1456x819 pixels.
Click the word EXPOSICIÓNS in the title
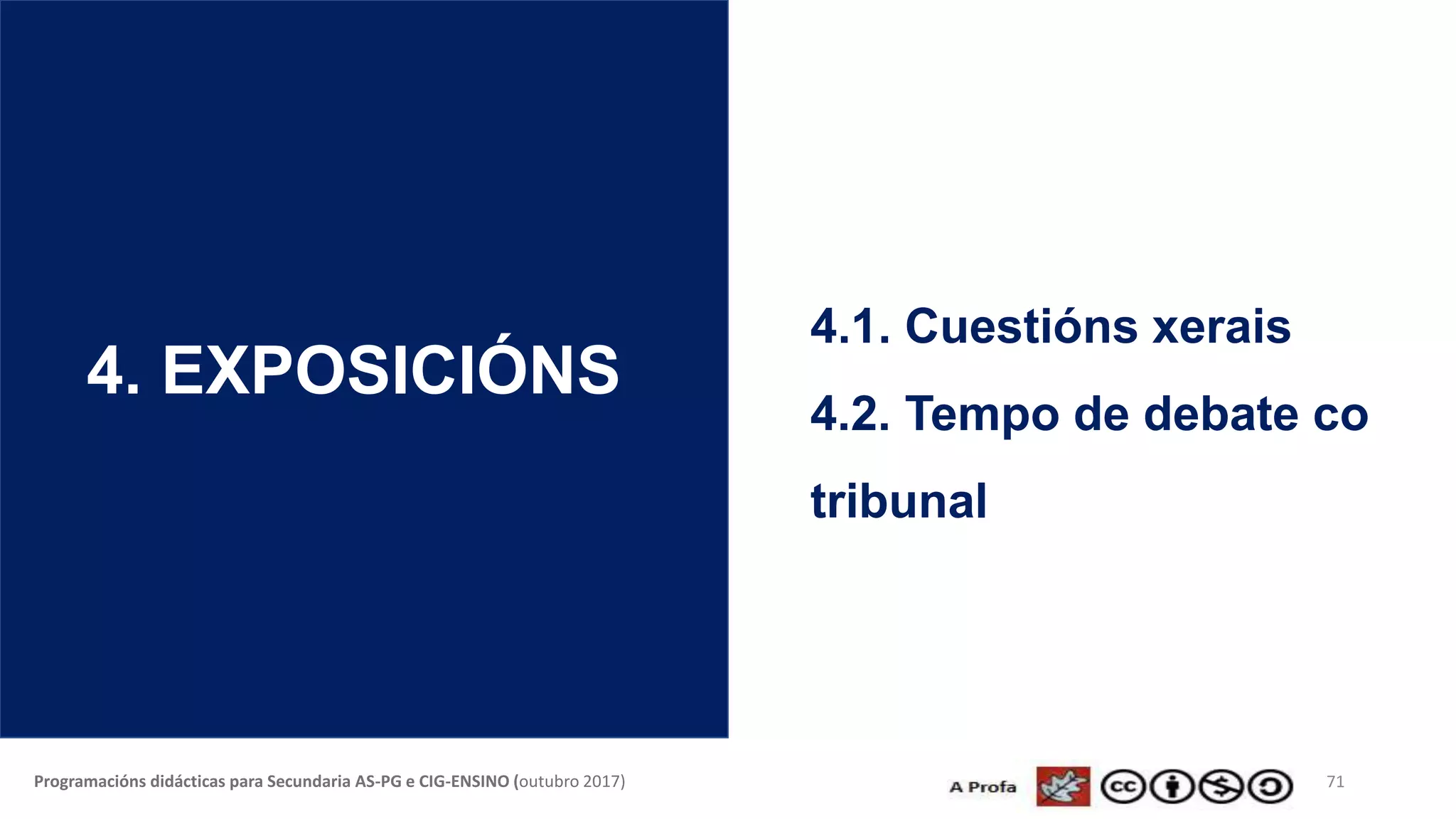point(390,370)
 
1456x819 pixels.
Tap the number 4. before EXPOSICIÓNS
point(113,370)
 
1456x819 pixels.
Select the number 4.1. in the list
point(850,326)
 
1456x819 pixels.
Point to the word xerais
point(1221,326)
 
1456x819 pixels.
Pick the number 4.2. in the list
point(850,414)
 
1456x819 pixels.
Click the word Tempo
point(982,414)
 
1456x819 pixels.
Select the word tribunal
point(899,501)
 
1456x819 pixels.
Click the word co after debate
point(1340,414)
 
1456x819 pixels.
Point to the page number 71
point(1335,782)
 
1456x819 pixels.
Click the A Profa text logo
point(983,787)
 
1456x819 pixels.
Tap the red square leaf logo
point(1063,786)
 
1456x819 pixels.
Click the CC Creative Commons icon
point(1123,787)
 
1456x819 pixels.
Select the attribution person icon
point(1172,787)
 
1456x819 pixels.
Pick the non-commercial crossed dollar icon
point(1221,787)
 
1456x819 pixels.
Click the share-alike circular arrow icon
point(1270,787)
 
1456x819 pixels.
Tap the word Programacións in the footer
point(90,782)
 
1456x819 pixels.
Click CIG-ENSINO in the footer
point(464,782)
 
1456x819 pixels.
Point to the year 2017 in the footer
point(601,782)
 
